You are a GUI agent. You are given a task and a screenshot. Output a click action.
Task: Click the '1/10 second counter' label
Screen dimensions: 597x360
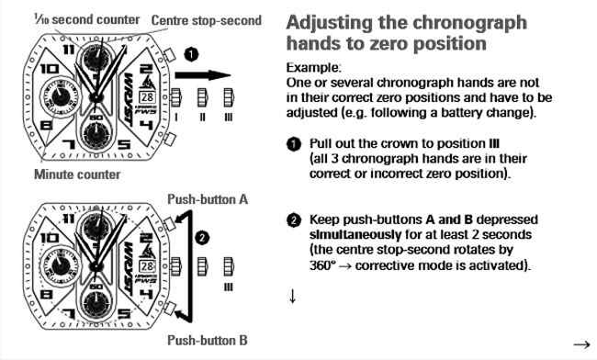87,19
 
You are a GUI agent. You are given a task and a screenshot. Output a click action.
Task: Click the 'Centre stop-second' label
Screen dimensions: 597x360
207,20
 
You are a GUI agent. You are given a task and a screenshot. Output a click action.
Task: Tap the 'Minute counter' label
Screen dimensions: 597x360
77,174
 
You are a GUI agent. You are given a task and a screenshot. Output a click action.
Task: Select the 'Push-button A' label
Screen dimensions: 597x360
208,199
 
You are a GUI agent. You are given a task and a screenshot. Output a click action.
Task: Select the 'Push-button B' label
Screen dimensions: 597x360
208,340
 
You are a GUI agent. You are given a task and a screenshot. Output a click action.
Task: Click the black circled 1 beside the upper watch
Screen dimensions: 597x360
191,54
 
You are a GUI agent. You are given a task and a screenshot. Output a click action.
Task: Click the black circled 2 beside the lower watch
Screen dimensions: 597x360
202,238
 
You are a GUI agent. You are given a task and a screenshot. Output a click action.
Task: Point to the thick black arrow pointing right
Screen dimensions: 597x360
203,75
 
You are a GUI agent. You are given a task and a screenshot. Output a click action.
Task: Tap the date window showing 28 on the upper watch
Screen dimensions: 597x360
147,97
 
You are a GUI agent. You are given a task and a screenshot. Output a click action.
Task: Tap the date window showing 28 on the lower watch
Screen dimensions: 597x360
147,266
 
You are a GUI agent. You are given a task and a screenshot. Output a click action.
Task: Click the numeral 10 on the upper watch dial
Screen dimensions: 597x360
50,69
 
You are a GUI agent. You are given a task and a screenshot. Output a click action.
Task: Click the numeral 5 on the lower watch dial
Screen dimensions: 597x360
124,313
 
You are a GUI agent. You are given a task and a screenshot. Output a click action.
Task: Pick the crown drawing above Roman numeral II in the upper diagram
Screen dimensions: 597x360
202,97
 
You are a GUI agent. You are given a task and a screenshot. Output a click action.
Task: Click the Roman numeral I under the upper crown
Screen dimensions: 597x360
176,118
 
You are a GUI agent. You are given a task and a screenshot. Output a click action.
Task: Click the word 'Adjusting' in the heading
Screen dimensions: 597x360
329,24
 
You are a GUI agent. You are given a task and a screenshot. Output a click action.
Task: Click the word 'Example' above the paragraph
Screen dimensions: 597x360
313,68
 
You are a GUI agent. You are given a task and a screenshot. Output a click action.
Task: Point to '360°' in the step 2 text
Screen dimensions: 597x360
322,265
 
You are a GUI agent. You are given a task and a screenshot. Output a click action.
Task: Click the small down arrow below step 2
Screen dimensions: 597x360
292,296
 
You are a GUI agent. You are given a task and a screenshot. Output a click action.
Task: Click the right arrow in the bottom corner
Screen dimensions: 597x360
581,344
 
